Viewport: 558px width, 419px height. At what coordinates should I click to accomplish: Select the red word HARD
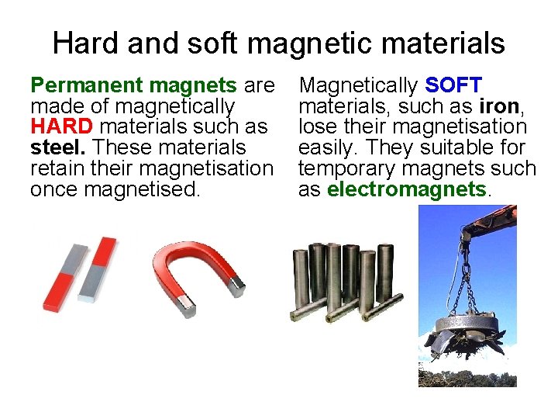tap(60, 126)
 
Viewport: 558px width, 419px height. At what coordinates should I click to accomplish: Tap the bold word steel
tap(60, 147)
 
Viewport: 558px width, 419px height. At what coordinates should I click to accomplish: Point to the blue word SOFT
tap(453, 85)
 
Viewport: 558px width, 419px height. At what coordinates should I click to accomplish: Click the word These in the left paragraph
tap(121, 147)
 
